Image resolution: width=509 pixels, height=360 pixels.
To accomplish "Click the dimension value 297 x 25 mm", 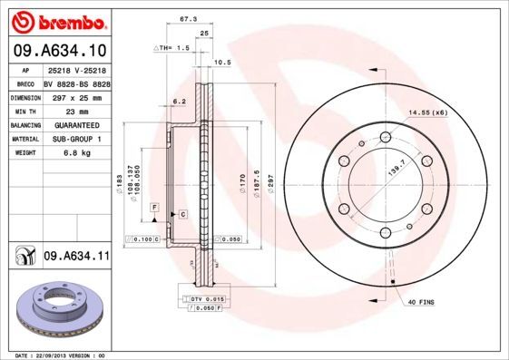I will coord(76,95).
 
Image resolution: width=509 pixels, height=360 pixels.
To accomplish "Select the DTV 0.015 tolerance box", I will coord(208,298).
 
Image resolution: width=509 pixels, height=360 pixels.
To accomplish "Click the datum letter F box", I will coord(155,209).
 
